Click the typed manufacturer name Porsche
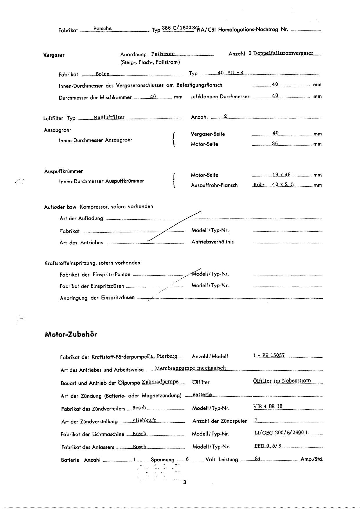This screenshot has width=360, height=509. point(102,28)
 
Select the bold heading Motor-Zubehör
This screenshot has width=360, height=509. point(71,334)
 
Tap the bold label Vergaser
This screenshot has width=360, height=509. point(54,55)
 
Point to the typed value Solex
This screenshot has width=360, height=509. point(102,74)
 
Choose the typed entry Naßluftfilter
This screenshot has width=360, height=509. point(109,117)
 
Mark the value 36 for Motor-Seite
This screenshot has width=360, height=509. point(275,144)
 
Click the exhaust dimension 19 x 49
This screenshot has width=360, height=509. point(281,175)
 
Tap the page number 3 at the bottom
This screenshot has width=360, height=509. point(184,483)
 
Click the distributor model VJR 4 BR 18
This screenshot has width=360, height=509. point(268,406)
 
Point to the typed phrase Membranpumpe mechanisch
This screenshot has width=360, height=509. point(190,368)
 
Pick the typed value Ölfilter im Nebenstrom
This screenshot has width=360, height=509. point(282,381)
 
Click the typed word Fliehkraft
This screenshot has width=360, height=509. point(144,420)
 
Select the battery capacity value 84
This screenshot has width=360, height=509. point(257,459)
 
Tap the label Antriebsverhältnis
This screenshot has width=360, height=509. point(213,242)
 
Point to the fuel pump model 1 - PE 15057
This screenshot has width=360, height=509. point(269,355)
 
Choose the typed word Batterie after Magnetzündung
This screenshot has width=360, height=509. point(202,395)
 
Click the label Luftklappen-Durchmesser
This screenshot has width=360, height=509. point(220,96)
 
